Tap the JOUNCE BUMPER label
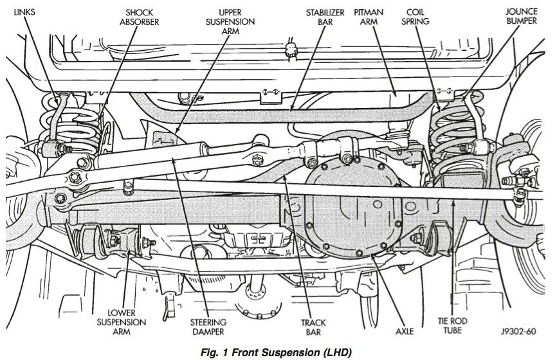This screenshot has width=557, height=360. [x=522, y=17]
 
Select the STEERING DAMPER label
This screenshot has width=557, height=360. [x=206, y=327]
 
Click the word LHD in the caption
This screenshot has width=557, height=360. [x=329, y=352]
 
